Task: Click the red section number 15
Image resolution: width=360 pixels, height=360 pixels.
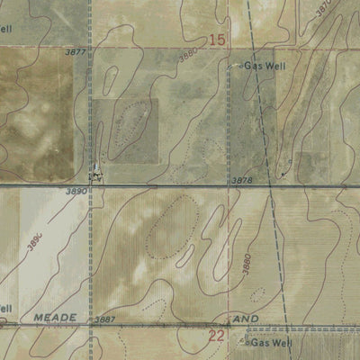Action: [217, 40]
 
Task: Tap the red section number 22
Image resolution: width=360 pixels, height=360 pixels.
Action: [216, 336]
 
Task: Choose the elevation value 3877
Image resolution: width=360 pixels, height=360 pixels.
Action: [76, 52]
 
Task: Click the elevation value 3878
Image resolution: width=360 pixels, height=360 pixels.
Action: [242, 181]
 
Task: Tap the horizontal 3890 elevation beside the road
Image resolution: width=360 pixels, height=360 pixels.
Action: [76, 192]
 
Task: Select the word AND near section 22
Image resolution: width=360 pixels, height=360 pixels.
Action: [247, 319]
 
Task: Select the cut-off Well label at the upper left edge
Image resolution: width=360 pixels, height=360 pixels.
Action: [6, 28]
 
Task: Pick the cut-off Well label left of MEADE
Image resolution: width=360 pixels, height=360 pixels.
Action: [4, 309]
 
